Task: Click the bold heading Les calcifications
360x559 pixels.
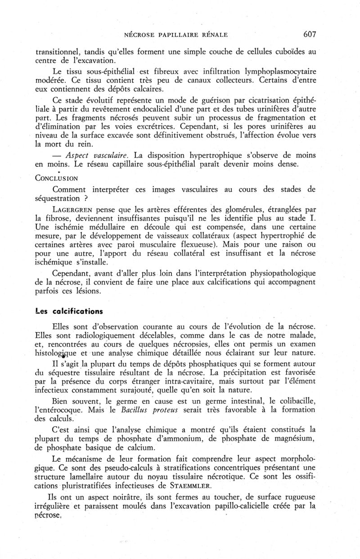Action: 69,311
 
